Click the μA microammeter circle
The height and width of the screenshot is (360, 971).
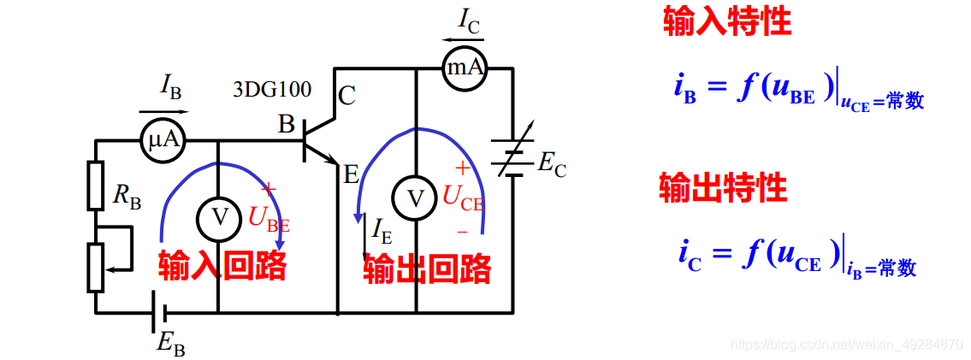(163, 139)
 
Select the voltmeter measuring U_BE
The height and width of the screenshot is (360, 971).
(219, 218)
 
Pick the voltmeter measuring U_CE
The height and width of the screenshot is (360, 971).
(415, 198)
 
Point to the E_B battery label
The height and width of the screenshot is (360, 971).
(170, 342)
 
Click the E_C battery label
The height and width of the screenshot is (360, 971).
(551, 165)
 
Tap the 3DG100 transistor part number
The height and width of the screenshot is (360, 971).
(272, 88)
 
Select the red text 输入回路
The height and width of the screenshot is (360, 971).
(222, 267)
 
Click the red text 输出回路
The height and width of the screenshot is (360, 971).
(427, 269)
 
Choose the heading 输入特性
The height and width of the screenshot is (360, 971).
(727, 23)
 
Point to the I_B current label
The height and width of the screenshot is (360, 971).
(170, 86)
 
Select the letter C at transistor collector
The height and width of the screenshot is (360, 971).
(346, 95)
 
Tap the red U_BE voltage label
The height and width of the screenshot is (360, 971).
(268, 218)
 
